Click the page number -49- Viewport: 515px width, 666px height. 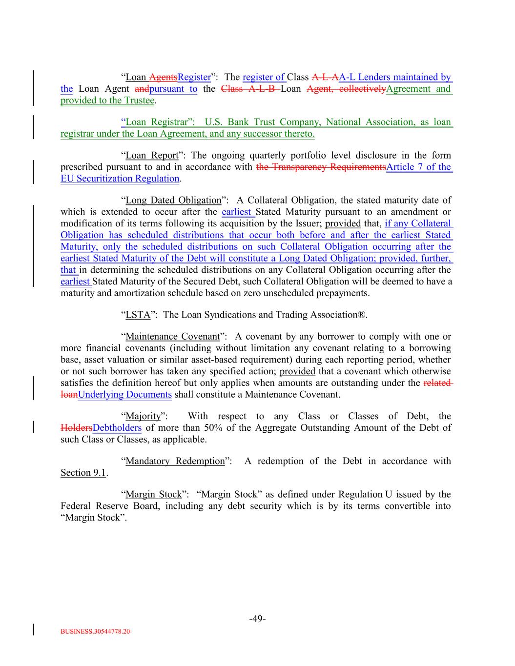pyautogui.click(x=257, y=619)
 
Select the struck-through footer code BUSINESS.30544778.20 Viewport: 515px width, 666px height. pyautogui.click(x=96, y=631)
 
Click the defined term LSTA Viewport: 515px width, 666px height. pyautogui.click(x=138, y=315)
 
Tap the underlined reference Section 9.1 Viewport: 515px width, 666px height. pyautogui.click(x=83, y=473)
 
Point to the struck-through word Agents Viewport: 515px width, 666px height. pyautogui.click(x=163, y=77)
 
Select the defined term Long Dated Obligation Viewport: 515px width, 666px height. pyautogui.click(x=173, y=200)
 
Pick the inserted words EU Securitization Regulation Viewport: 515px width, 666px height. pyautogui.click(x=120, y=179)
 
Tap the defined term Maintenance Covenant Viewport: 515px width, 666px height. pyautogui.click(x=172, y=336)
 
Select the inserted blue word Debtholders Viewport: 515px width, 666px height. pyautogui.click(x=117, y=428)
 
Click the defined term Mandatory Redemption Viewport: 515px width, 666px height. pyautogui.click(x=175, y=461)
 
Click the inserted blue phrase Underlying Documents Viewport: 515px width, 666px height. pyautogui.click(x=124, y=395)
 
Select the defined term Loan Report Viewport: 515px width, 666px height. pyautogui.click(x=152, y=155)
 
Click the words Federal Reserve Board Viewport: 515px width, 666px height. pyautogui.click(x=110, y=506)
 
